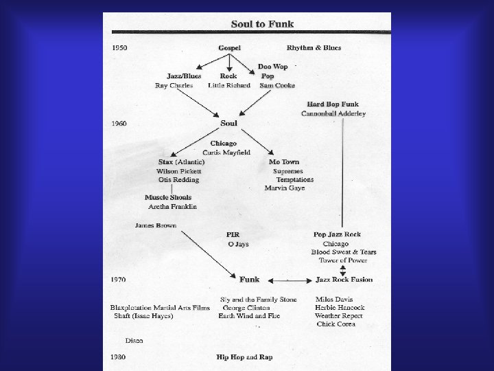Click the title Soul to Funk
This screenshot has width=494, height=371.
(262, 24)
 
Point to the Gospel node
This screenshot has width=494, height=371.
(229, 48)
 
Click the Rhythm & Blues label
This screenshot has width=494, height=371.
(314, 48)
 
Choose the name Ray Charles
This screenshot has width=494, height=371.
(174, 86)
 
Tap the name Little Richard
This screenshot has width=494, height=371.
(229, 86)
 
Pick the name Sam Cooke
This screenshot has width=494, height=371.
(277, 86)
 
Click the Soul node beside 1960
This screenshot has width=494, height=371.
(229, 124)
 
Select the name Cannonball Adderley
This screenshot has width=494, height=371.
(333, 113)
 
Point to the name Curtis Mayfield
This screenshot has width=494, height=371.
(226, 152)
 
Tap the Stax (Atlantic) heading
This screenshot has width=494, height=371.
(181, 162)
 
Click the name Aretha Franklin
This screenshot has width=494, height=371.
(172, 206)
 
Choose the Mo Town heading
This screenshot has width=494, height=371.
(284, 162)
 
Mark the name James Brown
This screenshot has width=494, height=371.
(156, 225)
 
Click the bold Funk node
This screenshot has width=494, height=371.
(249, 280)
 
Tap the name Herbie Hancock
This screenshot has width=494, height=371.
(340, 307)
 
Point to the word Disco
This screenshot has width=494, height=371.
(134, 341)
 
